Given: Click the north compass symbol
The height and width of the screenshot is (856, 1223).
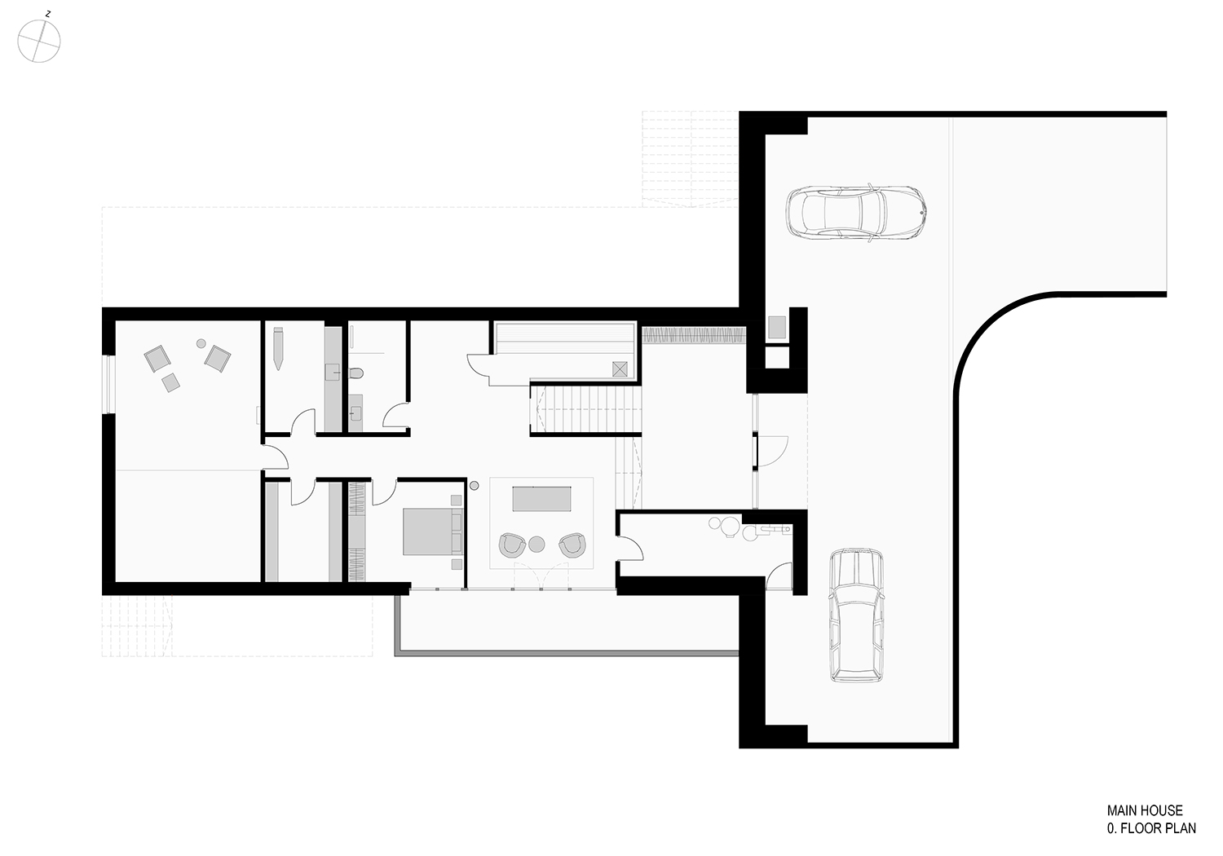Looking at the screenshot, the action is [x=39, y=41].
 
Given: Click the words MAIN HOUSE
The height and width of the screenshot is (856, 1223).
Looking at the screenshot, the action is [x=1145, y=810].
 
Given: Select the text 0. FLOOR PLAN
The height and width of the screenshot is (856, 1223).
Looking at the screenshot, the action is [x=1151, y=828].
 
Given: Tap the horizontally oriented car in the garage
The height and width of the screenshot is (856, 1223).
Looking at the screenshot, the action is [x=855, y=213].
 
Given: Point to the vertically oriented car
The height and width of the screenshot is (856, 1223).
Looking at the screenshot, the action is [x=856, y=615].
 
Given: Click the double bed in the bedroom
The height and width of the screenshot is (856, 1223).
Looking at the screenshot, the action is [x=432, y=532].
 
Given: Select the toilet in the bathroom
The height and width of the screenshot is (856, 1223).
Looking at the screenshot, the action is [x=355, y=373].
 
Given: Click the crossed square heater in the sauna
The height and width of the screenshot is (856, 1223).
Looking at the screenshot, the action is [x=620, y=369].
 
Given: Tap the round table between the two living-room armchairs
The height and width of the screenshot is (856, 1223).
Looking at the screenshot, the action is [x=536, y=545].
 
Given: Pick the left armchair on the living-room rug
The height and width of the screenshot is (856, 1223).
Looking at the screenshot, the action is [x=512, y=545].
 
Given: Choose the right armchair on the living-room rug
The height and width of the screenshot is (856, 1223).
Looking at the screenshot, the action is [x=572, y=545].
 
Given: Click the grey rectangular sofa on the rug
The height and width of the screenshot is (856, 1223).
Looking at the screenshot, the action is [x=541, y=498].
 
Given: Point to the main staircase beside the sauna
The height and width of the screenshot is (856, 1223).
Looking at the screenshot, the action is [x=585, y=410].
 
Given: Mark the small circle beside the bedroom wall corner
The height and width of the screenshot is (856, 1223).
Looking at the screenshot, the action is [x=474, y=485].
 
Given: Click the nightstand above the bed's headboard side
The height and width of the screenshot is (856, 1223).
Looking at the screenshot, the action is [x=456, y=500].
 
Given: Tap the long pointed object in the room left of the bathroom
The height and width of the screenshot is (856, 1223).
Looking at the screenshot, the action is [x=279, y=348].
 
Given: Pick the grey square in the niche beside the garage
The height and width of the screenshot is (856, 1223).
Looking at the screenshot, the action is [x=776, y=327].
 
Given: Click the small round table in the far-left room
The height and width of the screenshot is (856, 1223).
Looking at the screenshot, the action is [x=201, y=343].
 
